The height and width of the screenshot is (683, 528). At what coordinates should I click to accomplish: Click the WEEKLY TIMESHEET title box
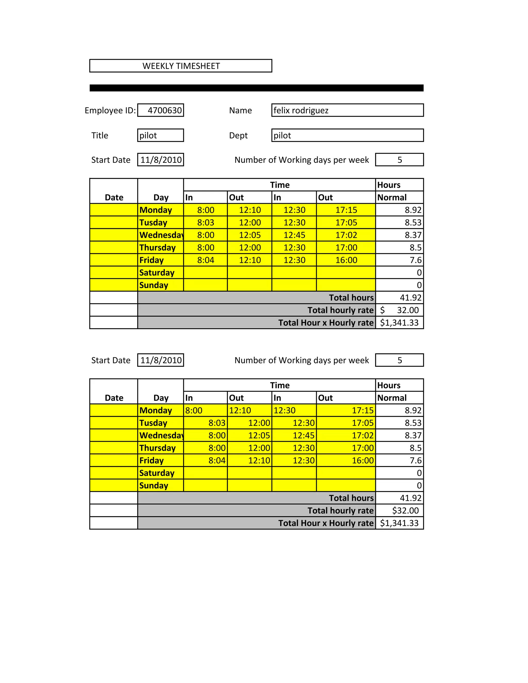(181, 66)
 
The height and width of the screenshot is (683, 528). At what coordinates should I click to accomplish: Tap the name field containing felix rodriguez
(347, 110)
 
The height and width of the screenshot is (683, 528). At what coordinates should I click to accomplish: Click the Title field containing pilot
(160, 135)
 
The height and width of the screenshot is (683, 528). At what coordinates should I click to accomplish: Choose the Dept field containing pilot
(347, 135)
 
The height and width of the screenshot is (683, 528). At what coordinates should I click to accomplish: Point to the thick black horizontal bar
(257, 88)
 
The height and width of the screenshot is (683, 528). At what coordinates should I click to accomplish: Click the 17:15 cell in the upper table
(346, 210)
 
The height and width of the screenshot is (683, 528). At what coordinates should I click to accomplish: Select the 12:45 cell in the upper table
(294, 235)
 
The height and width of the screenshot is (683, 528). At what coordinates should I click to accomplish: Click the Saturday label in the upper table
(157, 273)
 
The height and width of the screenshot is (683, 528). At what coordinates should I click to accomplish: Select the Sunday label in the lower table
(154, 486)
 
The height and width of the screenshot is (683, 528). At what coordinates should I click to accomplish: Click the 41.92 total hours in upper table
(410, 298)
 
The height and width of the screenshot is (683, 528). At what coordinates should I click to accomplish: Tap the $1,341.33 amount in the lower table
(399, 523)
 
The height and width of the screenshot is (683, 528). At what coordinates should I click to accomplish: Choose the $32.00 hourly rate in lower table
(405, 511)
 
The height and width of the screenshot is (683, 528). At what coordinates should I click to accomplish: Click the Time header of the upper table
(280, 185)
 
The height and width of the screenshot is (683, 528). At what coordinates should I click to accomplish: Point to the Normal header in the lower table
(392, 398)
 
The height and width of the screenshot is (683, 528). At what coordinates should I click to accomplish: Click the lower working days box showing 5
(399, 360)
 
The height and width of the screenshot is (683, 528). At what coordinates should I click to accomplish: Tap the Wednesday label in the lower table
(161, 435)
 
